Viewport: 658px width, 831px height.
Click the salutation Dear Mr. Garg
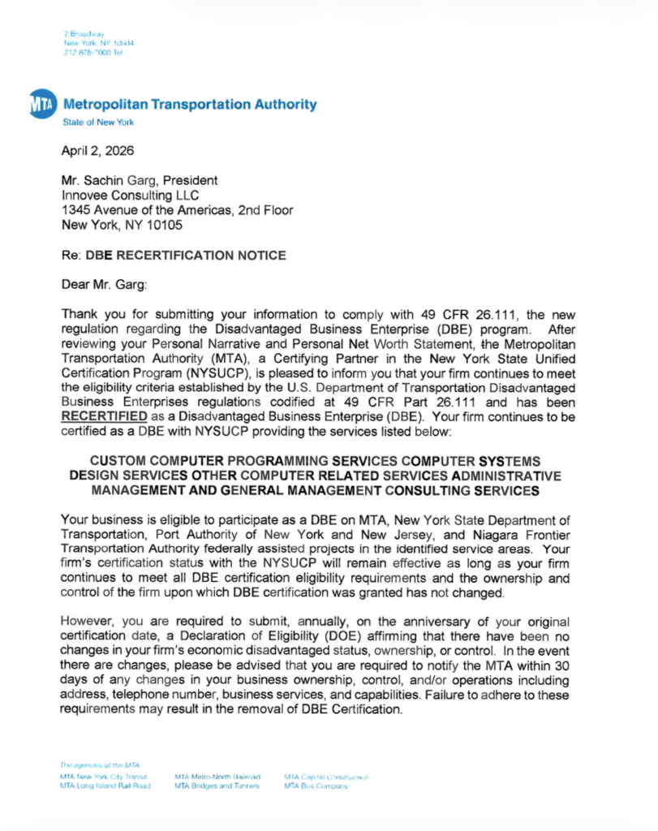click(101, 284)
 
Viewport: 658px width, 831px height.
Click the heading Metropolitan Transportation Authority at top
click(189, 105)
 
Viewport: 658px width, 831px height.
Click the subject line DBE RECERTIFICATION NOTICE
click(191, 255)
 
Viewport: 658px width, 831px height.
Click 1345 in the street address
click(77, 210)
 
